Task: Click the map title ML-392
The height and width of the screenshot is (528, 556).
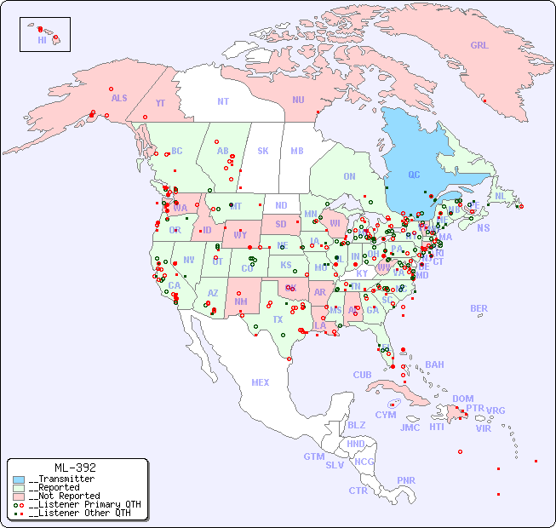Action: [75, 468]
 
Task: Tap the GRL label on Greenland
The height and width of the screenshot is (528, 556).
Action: [479, 46]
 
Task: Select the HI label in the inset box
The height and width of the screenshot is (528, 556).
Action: [42, 40]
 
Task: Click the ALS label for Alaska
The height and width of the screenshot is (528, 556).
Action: [119, 99]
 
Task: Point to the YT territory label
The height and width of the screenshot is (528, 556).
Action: [159, 103]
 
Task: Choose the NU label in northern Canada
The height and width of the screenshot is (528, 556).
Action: [298, 100]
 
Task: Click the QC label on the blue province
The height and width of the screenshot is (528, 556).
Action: [414, 175]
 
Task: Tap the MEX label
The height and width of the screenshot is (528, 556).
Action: [261, 382]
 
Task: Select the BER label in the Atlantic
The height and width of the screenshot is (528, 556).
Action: [479, 308]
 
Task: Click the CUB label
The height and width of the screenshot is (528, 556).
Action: [363, 375]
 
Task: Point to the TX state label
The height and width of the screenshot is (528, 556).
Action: [278, 319]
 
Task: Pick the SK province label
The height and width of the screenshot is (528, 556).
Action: [263, 151]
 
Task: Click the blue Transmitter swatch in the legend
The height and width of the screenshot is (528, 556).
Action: [19, 479]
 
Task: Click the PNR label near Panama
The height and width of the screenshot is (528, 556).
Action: [406, 480]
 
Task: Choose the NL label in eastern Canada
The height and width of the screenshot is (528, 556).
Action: [500, 196]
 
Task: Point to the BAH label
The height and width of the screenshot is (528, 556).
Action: [434, 364]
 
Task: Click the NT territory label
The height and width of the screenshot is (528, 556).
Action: [223, 101]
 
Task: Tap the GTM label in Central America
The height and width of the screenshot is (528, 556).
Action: [314, 456]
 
